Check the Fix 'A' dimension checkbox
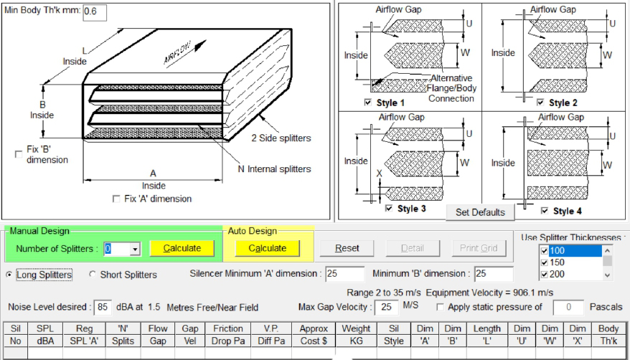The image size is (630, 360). [117, 199]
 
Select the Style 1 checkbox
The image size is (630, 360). [368, 103]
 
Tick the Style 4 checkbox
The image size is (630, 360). [544, 211]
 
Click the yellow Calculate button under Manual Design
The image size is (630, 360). [182, 248]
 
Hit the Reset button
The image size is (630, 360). [347, 248]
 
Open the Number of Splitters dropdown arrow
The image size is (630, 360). [134, 249]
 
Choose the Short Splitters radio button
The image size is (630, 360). [93, 275]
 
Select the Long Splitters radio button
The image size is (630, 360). [9, 275]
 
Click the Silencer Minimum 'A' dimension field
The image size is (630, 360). [344, 274]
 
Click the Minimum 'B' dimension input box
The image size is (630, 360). [493, 274]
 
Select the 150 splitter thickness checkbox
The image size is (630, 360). [543, 262]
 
